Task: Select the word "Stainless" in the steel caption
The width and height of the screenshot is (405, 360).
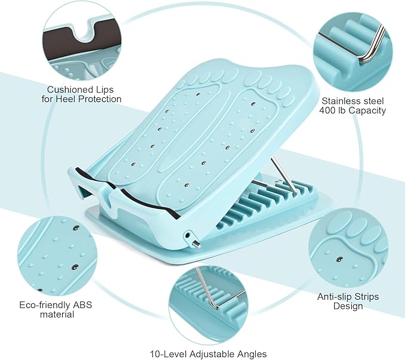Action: (339, 101)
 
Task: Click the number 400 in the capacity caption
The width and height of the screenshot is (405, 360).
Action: (326, 110)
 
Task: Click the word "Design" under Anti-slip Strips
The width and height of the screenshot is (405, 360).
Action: (348, 306)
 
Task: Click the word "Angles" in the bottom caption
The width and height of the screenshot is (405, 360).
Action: (251, 354)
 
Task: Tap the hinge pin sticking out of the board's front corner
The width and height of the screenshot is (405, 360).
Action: (197, 244)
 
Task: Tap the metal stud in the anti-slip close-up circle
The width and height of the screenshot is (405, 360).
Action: (339, 259)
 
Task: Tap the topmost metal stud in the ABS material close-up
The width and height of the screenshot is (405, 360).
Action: (76, 228)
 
